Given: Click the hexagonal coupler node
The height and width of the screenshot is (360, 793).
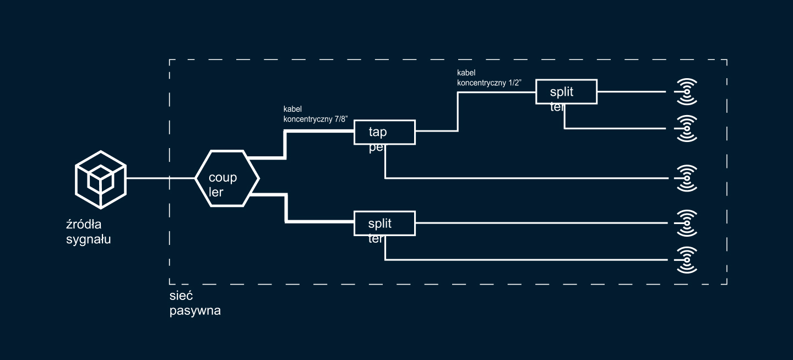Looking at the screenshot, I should coord(227,178).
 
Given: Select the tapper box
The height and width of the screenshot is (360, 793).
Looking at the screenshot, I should coord(384,133).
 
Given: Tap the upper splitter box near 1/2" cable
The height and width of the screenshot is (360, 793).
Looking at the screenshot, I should coord(566,91).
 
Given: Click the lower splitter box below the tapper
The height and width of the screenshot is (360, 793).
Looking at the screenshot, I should coord(384,223).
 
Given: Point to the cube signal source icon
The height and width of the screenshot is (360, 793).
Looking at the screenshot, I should coord(101,179).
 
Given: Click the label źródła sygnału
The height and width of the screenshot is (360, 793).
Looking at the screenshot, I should coord(88,232).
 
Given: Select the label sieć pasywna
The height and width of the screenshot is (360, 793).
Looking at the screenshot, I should coord(195,303).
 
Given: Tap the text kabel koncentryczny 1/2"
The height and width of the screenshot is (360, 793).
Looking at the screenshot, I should coord(489,78).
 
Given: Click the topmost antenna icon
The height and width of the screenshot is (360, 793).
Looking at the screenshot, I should coord(687,91).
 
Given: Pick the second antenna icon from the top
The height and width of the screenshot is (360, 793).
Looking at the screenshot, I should coord(687,128).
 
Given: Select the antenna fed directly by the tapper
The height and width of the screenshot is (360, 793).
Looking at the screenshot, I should coord(687,178).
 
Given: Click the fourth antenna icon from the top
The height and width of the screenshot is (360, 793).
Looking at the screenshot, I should coord(687,223).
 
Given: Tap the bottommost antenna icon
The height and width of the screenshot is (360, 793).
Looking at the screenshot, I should coord(687,259).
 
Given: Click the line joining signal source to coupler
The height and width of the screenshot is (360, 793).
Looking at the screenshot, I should coord(160,178).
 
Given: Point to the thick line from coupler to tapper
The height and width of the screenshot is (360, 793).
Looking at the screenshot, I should coord(285,144).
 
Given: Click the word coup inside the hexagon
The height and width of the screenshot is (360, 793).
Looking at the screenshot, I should coord(222,177).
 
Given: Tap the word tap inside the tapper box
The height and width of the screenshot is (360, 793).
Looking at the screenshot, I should coord(377,132).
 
